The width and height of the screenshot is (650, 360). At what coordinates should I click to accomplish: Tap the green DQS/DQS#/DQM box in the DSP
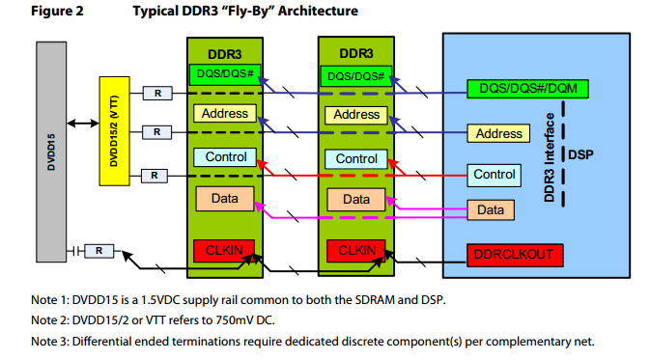click(x=527, y=88)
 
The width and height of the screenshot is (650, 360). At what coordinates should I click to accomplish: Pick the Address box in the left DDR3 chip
click(x=224, y=113)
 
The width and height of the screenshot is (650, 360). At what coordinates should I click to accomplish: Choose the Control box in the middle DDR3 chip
click(x=356, y=158)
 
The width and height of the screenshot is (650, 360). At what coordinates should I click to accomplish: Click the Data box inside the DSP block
click(x=491, y=209)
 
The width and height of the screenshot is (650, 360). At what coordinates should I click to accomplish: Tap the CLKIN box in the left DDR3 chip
click(x=225, y=250)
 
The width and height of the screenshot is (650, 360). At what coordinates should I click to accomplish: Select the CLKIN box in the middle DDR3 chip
click(x=356, y=250)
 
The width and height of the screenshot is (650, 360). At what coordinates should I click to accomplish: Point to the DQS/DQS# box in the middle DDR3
click(x=356, y=75)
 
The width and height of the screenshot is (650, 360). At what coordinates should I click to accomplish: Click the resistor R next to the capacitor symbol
click(x=99, y=251)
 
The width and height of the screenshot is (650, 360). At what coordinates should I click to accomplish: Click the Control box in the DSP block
click(x=494, y=174)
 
